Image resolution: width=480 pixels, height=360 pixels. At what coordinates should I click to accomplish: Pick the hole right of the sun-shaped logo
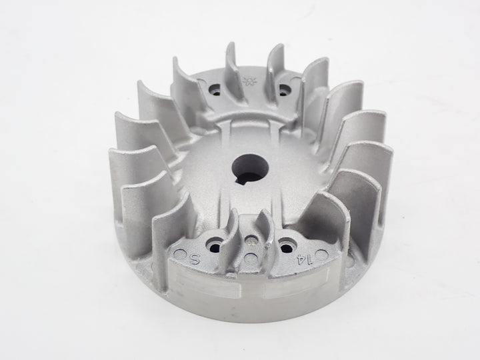[x=285, y=87]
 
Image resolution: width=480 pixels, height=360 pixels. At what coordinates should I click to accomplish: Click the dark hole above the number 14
[x=288, y=245]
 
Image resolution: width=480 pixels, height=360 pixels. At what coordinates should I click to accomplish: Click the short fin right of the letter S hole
[x=232, y=230]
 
